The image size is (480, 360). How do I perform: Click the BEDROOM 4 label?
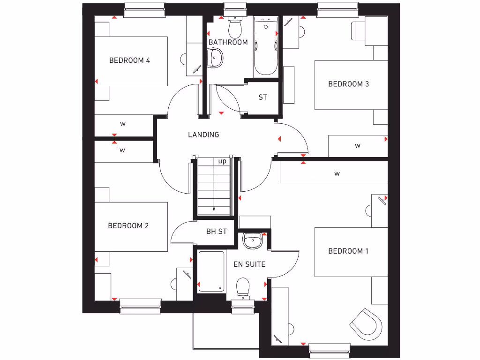click(x=129, y=60)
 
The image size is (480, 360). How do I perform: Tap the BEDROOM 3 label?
click(x=348, y=84)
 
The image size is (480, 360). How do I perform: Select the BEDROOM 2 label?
click(x=128, y=226)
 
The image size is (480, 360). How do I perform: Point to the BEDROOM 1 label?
click(x=348, y=251)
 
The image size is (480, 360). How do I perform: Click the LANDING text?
click(x=203, y=135)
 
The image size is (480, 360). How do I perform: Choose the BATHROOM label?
click(x=228, y=42)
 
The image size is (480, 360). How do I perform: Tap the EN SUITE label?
click(x=249, y=264)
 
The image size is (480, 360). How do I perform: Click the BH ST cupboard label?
click(x=217, y=232)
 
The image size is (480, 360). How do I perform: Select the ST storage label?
click(x=262, y=97)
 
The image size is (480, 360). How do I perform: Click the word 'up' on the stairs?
click(x=222, y=161)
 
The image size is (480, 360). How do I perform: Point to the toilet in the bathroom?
click(x=234, y=28)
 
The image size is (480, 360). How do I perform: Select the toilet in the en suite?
click(x=243, y=287)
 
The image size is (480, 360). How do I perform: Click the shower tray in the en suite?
click(x=211, y=272)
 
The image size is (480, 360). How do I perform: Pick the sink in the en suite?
click(x=252, y=241)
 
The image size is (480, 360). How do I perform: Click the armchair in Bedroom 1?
click(x=365, y=323)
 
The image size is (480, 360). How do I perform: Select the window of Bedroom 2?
click(x=141, y=307)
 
